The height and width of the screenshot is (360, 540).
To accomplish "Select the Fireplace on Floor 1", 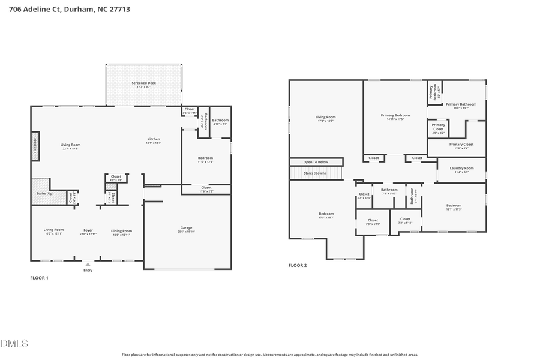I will click(x=35, y=146).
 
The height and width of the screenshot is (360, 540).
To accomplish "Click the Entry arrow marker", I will click(x=88, y=264).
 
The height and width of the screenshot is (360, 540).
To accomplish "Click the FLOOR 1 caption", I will click(x=39, y=278).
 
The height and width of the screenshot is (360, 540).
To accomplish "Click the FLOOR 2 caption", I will click(x=298, y=265).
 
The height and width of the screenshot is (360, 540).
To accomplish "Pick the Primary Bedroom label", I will click(x=395, y=116).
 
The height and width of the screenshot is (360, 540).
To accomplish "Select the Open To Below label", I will click(x=316, y=162).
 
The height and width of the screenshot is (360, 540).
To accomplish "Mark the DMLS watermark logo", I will click(x=14, y=344).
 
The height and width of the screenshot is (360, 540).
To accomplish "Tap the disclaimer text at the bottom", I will click(x=270, y=355).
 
